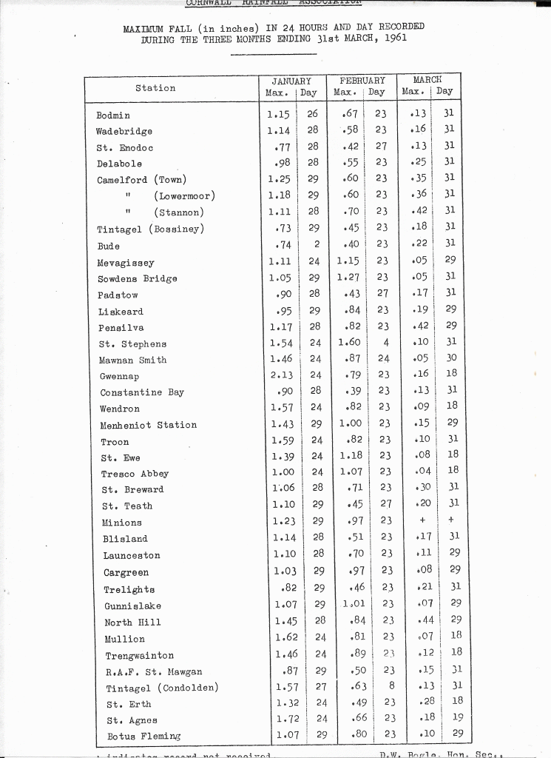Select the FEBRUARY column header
pos(362,80)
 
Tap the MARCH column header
pos(427,79)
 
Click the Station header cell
pos(155,88)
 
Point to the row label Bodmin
pos(113,115)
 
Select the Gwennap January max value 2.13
pos(283,376)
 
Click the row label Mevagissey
pos(126,262)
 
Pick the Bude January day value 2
pos(316,245)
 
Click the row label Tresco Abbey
pos(135,474)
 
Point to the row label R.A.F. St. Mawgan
pos(154,672)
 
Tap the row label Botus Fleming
pos(143,736)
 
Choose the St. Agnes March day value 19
pos(456,717)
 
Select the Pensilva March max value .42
pos(420,326)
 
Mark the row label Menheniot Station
pos(149,425)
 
